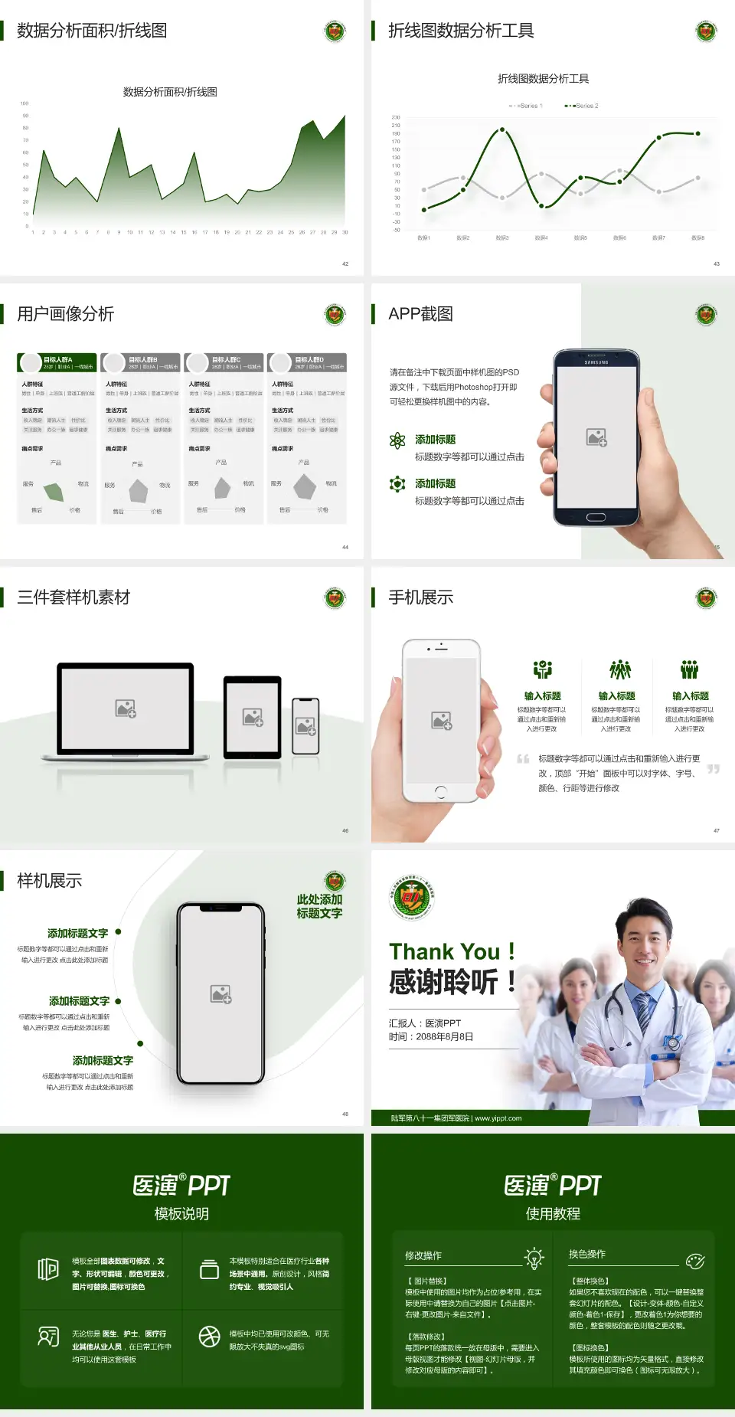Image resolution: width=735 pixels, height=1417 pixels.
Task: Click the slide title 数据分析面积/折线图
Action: [92, 31]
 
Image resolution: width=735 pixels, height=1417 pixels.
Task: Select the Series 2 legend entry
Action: [583, 106]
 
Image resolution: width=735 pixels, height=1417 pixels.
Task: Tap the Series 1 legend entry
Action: [526, 106]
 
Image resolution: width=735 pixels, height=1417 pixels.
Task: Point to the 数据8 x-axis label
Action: [697, 238]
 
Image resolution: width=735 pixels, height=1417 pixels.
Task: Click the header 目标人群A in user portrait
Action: [58, 359]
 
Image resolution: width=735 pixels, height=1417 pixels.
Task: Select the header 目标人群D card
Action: [309, 359]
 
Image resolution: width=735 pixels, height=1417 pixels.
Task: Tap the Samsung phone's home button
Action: [596, 517]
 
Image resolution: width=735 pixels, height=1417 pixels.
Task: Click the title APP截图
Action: [420, 314]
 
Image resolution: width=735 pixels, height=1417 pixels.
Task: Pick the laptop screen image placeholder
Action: [126, 708]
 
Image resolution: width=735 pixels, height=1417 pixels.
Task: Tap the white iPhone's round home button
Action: [440, 790]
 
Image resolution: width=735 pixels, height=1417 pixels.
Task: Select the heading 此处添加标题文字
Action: [319, 906]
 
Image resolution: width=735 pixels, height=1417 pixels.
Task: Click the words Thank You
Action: [444, 951]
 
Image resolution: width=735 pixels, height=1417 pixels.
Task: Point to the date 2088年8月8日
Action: [444, 1036]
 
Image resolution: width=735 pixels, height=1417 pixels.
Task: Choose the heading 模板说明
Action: [181, 1214]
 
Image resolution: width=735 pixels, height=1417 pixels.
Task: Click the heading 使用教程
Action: [553, 1214]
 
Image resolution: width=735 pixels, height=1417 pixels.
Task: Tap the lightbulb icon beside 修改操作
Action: [534, 1258]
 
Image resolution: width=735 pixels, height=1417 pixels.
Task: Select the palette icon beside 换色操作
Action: [695, 1261]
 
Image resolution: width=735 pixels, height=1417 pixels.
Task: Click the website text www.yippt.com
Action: [498, 1118]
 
